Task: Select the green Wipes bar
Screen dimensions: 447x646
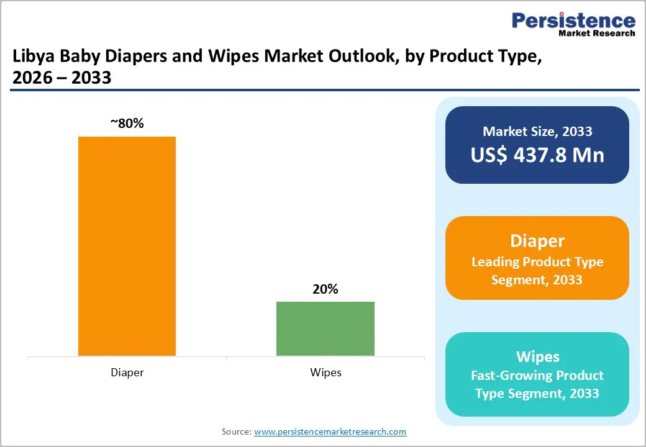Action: pos(325,328)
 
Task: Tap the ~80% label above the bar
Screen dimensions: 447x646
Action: pos(127,124)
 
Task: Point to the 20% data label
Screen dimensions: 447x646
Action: pos(325,289)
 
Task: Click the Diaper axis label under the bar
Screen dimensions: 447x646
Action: pos(127,372)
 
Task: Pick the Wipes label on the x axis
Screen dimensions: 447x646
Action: pos(325,372)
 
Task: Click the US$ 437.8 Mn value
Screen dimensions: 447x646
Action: pos(537,155)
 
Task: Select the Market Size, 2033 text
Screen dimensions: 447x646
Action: pos(537,131)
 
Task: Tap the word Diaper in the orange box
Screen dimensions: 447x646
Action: pos(537,241)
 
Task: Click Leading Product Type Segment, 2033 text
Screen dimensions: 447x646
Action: pos(537,271)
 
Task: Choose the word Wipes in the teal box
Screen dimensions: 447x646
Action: pos(537,356)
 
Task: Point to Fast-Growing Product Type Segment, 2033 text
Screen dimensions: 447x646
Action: pos(537,384)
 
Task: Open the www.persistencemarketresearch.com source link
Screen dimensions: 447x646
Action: pos(330,431)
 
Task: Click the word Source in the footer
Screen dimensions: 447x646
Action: pos(235,431)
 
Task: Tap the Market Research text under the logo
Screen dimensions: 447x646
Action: pos(596,33)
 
